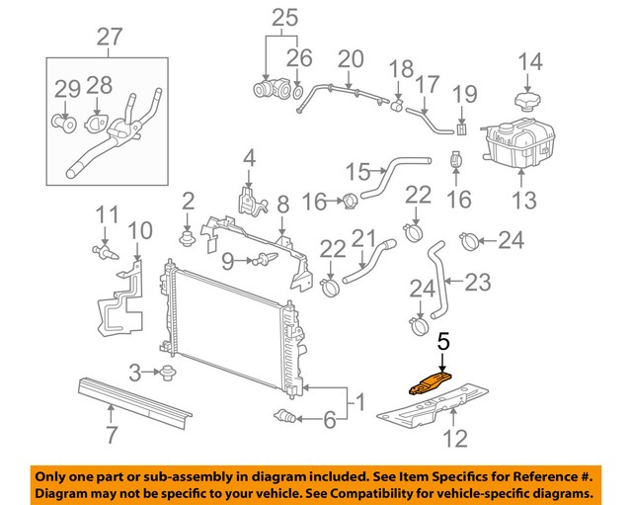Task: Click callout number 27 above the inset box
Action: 111,38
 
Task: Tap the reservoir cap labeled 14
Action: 529,103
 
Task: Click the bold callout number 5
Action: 443,341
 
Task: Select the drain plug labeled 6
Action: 287,414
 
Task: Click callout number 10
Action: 139,231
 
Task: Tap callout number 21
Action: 365,239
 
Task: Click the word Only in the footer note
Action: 56,474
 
